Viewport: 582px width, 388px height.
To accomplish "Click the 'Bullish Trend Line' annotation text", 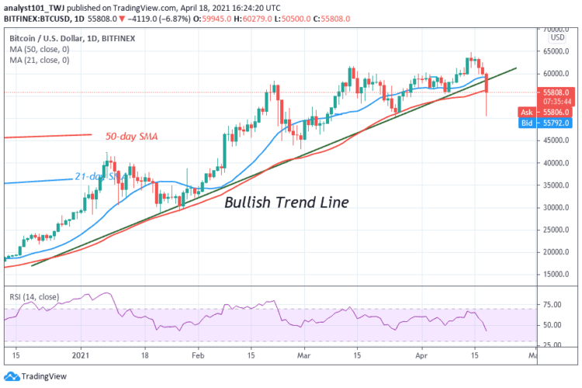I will tap(286, 203).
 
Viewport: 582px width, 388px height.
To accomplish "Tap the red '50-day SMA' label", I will tap(131, 137).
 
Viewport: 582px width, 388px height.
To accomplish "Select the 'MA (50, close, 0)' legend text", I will tap(38, 47).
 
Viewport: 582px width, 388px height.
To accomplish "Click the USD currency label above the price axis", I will tap(556, 36).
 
